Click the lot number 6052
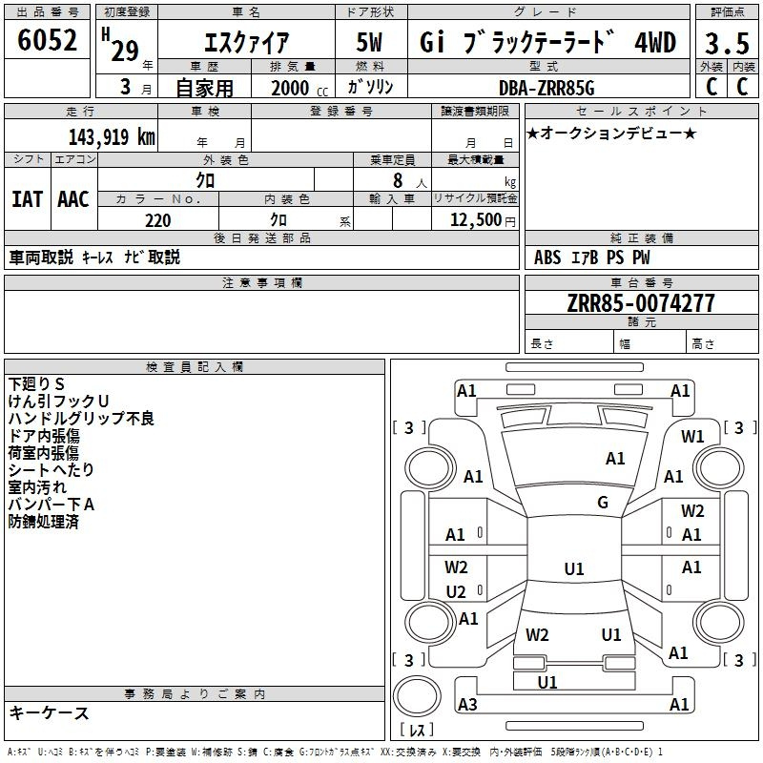(47, 42)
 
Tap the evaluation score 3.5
(726, 44)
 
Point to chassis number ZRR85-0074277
(640, 303)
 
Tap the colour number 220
(157, 220)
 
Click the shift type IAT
(27, 198)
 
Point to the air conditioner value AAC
(73, 198)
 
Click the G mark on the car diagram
(603, 503)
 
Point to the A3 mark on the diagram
(467, 704)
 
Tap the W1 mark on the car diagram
(692, 436)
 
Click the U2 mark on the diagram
(456, 591)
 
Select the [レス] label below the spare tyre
(416, 731)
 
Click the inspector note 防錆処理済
(43, 522)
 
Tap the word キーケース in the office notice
(50, 713)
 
